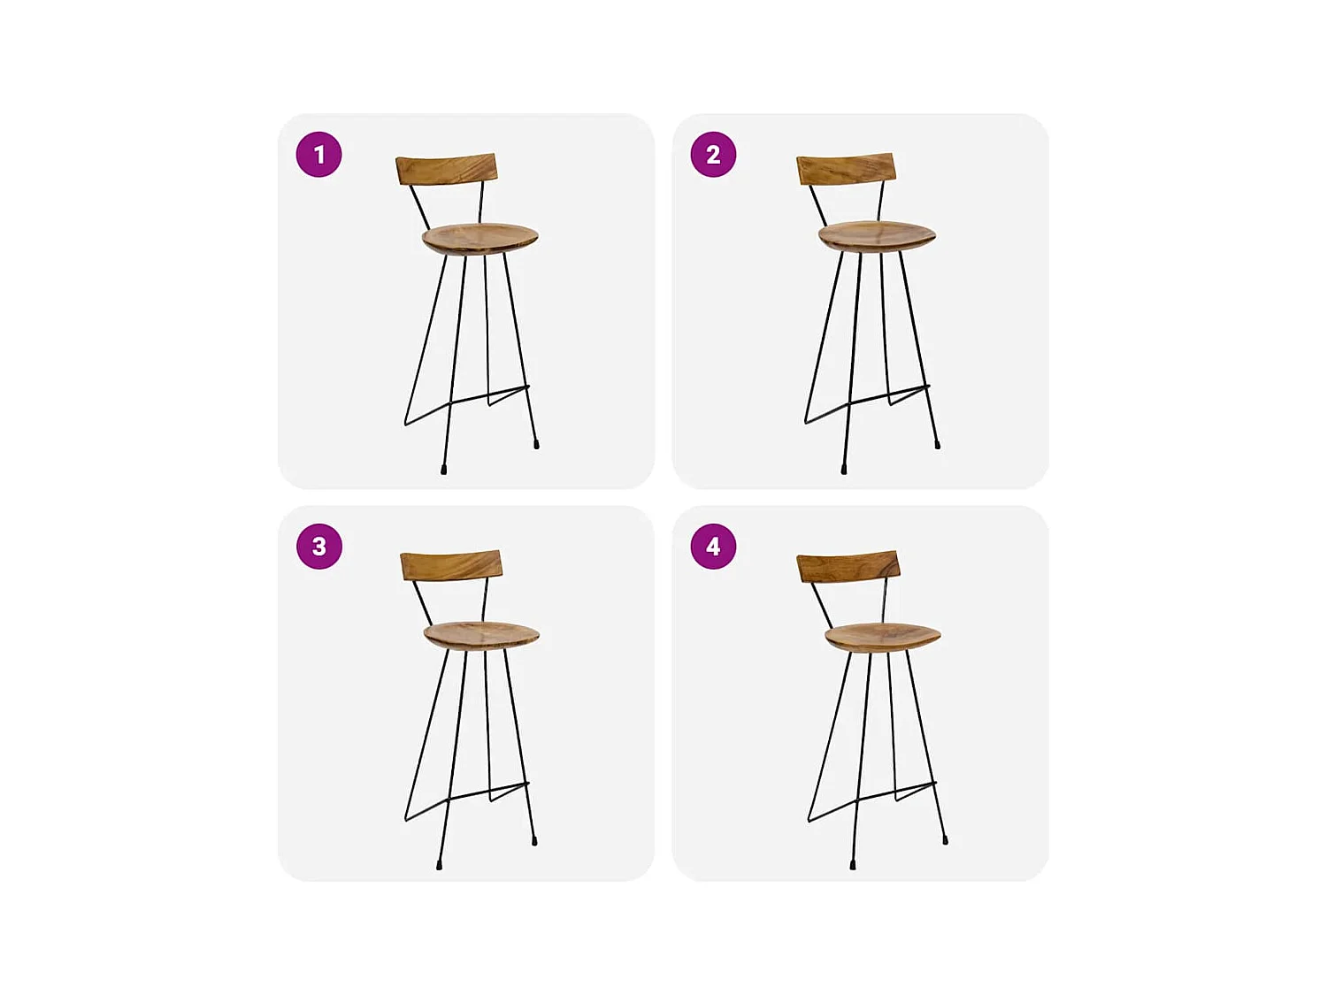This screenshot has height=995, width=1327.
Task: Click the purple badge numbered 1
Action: pos(318,154)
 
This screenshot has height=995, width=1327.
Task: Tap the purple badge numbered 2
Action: pos(713,154)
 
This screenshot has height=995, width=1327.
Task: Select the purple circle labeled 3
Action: pos(319,546)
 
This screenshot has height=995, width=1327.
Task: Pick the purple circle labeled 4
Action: pos(713,546)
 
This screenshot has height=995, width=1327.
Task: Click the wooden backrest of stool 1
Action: pos(447,169)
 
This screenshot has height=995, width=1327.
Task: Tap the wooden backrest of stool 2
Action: pos(846,169)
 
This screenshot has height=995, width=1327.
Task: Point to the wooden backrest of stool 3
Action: pos(451,565)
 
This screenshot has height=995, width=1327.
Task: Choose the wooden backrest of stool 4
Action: pos(848,567)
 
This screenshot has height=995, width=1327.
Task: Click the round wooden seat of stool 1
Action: pos(480,238)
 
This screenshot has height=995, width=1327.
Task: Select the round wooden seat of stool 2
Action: pos(878,235)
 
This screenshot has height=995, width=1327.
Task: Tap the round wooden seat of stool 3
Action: pos(481,635)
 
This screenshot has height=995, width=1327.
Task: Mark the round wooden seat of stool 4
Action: pos(883,638)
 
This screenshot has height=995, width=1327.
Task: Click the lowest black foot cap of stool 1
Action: pos(444,470)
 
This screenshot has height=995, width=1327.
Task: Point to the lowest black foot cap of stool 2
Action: pos(844,469)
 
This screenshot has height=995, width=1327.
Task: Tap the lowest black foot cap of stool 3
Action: pos(439,865)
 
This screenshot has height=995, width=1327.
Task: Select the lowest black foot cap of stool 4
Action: pos(853,865)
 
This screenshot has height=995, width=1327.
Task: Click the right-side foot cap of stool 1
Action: pos(536,445)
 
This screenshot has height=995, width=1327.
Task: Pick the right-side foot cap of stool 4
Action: pos(946,840)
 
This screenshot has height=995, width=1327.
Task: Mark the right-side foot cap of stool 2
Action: pos(937,444)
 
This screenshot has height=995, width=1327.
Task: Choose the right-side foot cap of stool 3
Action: pos(534,840)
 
